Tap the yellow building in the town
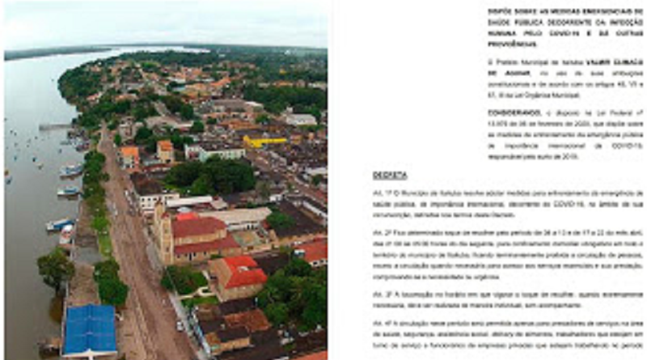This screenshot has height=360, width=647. (265, 141)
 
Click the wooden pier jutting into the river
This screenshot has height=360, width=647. (55, 126)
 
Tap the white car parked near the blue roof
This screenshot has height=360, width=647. (180, 325)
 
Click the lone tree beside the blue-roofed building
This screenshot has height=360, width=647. (55, 267)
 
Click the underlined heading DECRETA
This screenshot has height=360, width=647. (390, 176)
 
